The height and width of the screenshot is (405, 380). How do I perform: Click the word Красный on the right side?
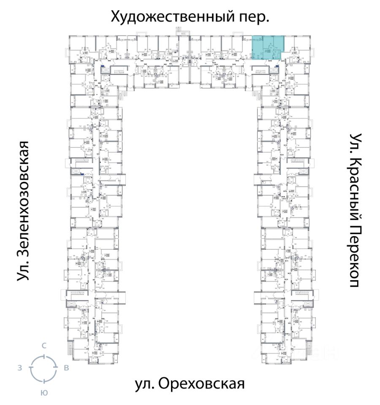(356, 182)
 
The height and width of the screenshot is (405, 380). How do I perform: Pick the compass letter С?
(43, 346)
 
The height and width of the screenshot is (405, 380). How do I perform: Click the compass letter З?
(19, 368)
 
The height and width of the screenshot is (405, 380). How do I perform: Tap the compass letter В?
(66, 368)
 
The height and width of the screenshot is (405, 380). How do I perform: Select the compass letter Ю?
(43, 392)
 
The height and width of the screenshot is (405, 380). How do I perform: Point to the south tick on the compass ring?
(43, 381)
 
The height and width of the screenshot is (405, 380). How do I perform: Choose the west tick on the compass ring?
(31, 368)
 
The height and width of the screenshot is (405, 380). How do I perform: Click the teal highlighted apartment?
(267, 49)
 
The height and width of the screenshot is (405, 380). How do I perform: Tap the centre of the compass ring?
(43, 368)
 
